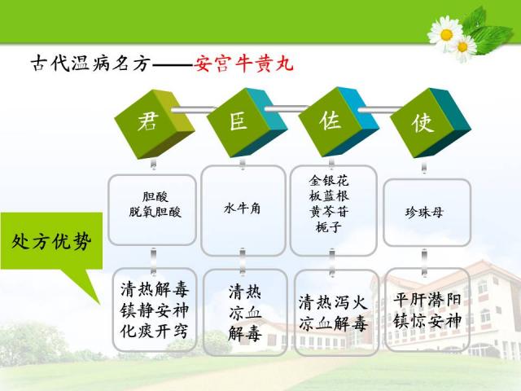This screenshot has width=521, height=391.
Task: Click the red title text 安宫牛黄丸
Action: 243,64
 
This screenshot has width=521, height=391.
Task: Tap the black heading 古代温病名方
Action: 90,64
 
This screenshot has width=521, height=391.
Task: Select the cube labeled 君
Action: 155,124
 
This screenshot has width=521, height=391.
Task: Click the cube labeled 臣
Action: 247,122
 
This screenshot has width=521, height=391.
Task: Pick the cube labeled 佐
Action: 339,121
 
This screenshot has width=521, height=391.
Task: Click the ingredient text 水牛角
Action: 243,209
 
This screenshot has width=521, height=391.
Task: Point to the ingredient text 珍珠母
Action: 425,212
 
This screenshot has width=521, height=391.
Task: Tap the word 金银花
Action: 329,181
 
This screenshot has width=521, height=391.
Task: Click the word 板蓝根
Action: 329,195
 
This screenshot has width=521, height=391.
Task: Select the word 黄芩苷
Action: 329,211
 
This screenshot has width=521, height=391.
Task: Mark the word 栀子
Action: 328,227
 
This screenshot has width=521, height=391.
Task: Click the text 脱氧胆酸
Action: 155,212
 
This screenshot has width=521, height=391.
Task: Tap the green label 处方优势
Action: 51,241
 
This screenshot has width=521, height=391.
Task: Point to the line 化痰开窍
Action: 154,331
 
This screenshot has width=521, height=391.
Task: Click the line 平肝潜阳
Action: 427,300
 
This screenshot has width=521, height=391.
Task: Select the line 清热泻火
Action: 333,302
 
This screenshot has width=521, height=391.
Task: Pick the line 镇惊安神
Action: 427,321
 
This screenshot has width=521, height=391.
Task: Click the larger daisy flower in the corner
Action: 445,34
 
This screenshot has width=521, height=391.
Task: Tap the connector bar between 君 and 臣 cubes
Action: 194,109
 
